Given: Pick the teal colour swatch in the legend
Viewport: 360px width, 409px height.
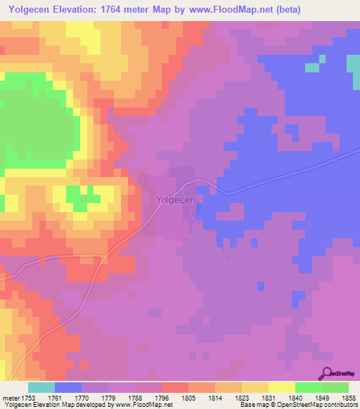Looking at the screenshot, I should (41, 388).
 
